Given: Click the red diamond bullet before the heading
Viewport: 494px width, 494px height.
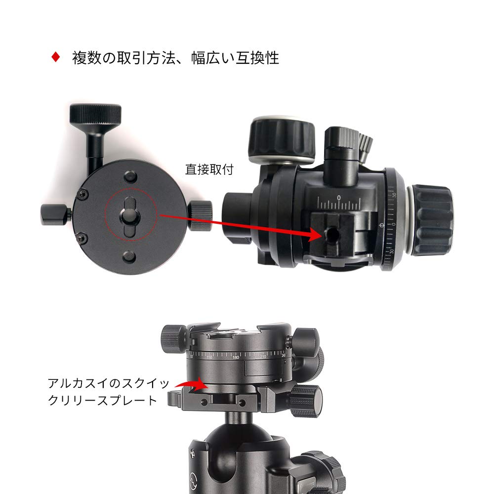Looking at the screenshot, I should click(56, 57).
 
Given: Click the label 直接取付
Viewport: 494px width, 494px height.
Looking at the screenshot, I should click(209, 169).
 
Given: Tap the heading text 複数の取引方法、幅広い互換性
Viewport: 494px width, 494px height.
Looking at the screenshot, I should click(175, 58).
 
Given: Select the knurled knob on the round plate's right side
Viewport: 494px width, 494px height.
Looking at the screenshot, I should click(201, 215).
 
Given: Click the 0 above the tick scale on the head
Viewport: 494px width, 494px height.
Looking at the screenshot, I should click(338, 197).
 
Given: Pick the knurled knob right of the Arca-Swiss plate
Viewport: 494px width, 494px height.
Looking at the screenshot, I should click(305, 401).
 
